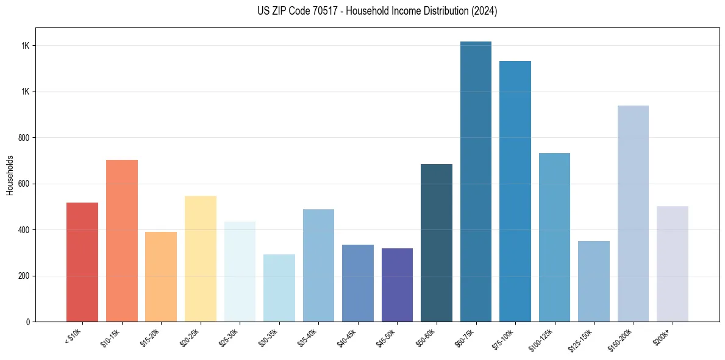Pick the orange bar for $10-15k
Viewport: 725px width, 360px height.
pyautogui.click(x=122, y=240)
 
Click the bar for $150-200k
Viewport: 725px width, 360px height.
pyautogui.click(x=633, y=214)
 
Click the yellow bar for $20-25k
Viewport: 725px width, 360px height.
pyautogui.click(x=201, y=259)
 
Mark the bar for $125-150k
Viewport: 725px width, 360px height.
pyautogui.click(x=594, y=281)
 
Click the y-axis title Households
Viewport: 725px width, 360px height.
pyautogui.click(x=10, y=175)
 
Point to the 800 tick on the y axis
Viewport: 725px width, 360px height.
pyautogui.click(x=25, y=138)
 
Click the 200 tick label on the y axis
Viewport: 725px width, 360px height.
pyautogui.click(x=25, y=276)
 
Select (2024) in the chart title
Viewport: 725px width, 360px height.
pyautogui.click(x=485, y=11)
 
